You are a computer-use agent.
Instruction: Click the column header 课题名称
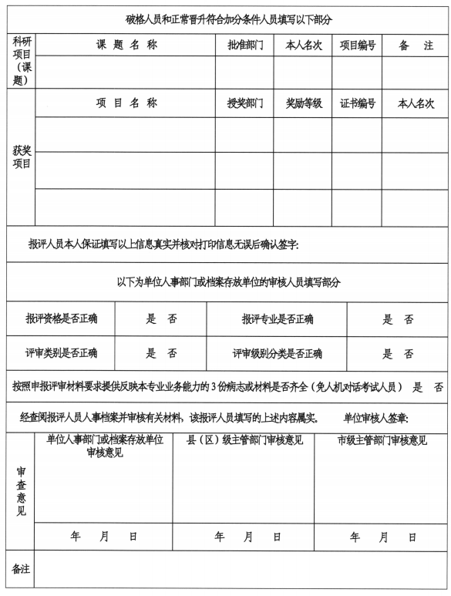click(x=126, y=45)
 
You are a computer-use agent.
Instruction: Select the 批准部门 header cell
click(x=244, y=45)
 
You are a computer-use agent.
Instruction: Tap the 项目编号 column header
click(x=357, y=45)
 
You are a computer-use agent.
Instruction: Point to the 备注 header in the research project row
click(x=416, y=45)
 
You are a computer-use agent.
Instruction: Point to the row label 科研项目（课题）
click(x=22, y=60)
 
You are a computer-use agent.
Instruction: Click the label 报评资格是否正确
click(x=66, y=318)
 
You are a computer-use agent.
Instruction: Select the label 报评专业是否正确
click(x=277, y=318)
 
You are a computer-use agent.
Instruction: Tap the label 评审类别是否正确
click(x=66, y=354)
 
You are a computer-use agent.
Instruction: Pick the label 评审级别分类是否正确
click(x=277, y=354)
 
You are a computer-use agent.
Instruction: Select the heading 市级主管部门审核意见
click(x=382, y=442)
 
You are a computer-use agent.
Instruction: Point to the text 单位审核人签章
click(x=375, y=418)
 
